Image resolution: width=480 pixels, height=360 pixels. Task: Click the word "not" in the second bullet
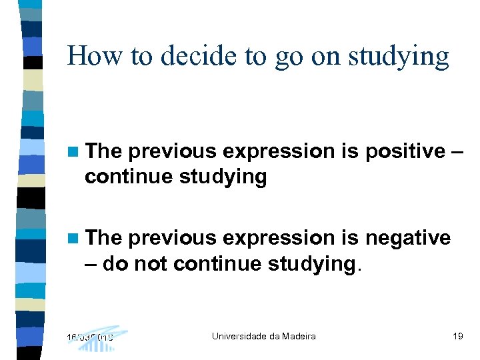150,264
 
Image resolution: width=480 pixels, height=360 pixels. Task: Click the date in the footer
90,337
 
